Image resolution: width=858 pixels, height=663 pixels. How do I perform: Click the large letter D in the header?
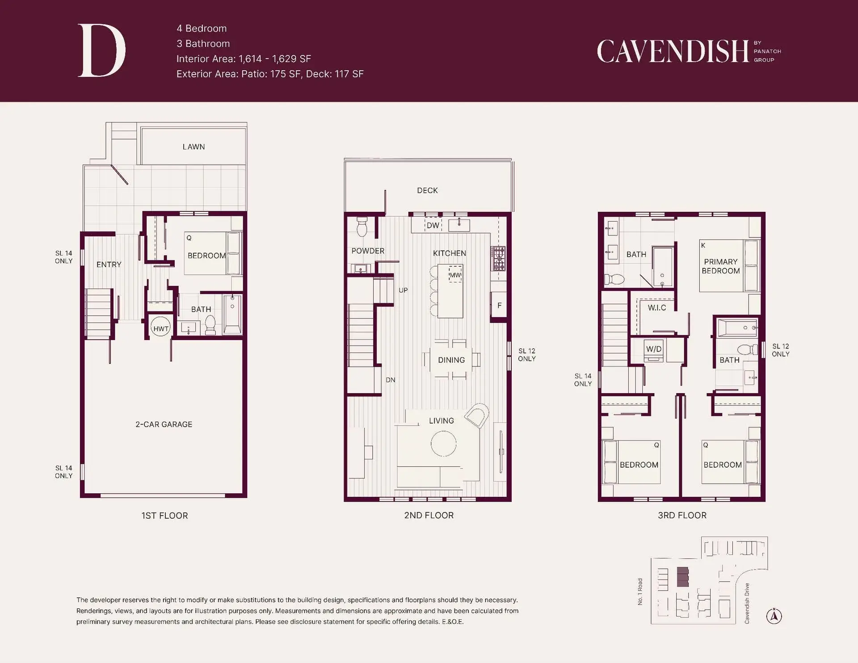(x=101, y=50)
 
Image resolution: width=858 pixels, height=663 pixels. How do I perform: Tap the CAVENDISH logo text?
(x=673, y=51)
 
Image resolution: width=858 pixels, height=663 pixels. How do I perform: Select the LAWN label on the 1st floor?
(x=193, y=147)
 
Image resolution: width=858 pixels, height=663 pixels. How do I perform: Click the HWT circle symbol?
(x=161, y=328)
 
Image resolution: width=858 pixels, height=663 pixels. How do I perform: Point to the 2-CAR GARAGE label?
(x=164, y=424)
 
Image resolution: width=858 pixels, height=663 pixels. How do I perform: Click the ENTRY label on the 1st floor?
(x=109, y=264)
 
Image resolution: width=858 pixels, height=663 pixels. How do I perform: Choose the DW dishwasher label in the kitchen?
(x=433, y=226)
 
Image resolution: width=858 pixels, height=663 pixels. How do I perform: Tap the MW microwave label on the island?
(x=455, y=275)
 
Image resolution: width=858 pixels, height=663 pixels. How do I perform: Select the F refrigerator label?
(x=499, y=306)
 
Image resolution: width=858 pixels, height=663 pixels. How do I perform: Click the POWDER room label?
(x=368, y=251)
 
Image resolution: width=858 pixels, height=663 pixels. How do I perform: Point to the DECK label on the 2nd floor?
(x=427, y=190)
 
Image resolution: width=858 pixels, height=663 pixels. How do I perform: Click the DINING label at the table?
(x=451, y=360)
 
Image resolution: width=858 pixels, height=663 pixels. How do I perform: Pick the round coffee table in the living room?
(x=443, y=443)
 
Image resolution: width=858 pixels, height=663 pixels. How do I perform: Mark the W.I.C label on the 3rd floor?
(x=656, y=308)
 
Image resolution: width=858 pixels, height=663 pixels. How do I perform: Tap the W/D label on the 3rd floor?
(x=654, y=349)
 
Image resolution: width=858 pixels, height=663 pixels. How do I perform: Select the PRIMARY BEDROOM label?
(x=720, y=266)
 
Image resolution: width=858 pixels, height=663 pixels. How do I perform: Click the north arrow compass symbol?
(x=774, y=616)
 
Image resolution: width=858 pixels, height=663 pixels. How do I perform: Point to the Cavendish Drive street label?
(x=747, y=603)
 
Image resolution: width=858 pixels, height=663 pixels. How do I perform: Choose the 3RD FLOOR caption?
(x=682, y=516)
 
